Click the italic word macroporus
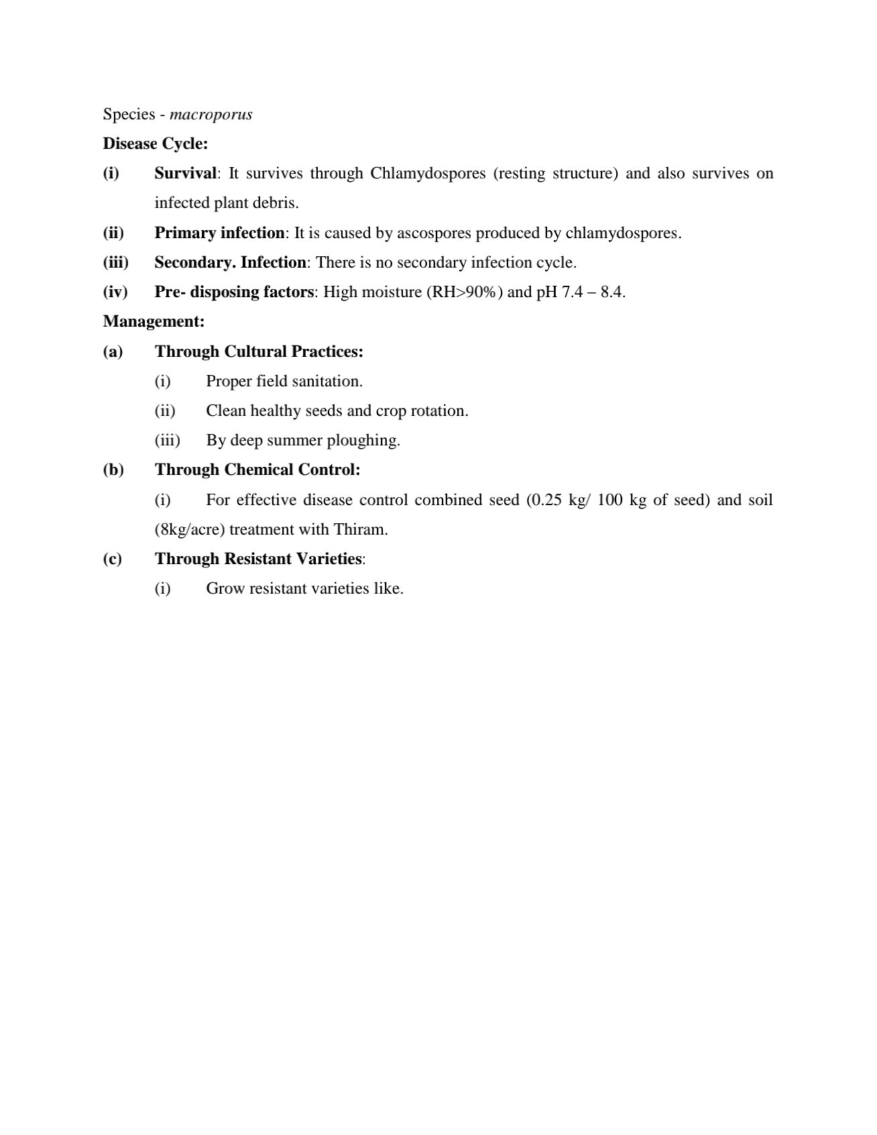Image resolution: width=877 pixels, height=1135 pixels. [x=211, y=115]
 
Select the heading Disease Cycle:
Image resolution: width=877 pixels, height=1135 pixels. [x=155, y=144]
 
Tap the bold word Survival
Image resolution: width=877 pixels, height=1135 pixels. [x=186, y=173]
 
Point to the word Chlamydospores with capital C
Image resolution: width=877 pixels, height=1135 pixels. [x=428, y=173]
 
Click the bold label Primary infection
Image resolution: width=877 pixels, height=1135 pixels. [x=219, y=233]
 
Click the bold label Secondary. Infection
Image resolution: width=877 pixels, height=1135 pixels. [x=230, y=262]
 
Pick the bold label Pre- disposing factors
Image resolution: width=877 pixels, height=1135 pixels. [x=234, y=292]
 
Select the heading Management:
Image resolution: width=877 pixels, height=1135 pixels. [x=154, y=321]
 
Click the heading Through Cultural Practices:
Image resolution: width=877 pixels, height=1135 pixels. [x=259, y=352]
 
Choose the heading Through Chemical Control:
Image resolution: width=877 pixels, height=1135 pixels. [x=257, y=470]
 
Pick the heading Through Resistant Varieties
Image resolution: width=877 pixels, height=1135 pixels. [x=258, y=559]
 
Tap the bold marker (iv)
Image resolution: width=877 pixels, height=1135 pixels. [x=115, y=292]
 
